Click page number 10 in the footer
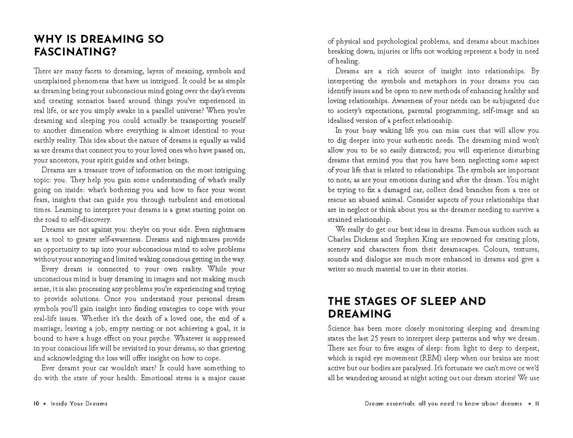click(36, 404)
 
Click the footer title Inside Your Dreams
click(79, 404)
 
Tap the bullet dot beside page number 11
click(529, 404)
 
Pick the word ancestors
click(65, 160)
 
